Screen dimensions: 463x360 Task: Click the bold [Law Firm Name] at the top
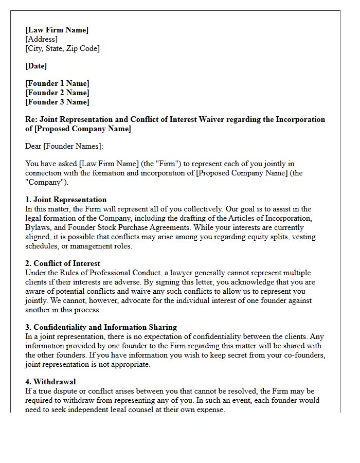pyautogui.click(x=57, y=30)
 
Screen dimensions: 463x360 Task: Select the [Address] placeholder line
pyautogui.click(x=41, y=39)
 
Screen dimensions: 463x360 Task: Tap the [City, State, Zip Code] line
pyautogui.click(x=62, y=48)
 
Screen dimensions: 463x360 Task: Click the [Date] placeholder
pyautogui.click(x=36, y=66)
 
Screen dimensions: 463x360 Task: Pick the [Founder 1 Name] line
pyautogui.click(x=57, y=83)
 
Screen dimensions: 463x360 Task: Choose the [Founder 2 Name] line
pyautogui.click(x=57, y=93)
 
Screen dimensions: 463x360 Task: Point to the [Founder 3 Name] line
pyautogui.click(x=57, y=102)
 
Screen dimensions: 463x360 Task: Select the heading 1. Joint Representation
pyautogui.click(x=66, y=200)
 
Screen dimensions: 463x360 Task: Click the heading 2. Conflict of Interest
pyautogui.click(x=63, y=263)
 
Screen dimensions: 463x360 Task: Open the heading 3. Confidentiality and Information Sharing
pyautogui.click(x=101, y=327)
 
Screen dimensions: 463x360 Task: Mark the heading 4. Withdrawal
pyautogui.click(x=50, y=382)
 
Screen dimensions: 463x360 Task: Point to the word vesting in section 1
pyautogui.click(x=303, y=237)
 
